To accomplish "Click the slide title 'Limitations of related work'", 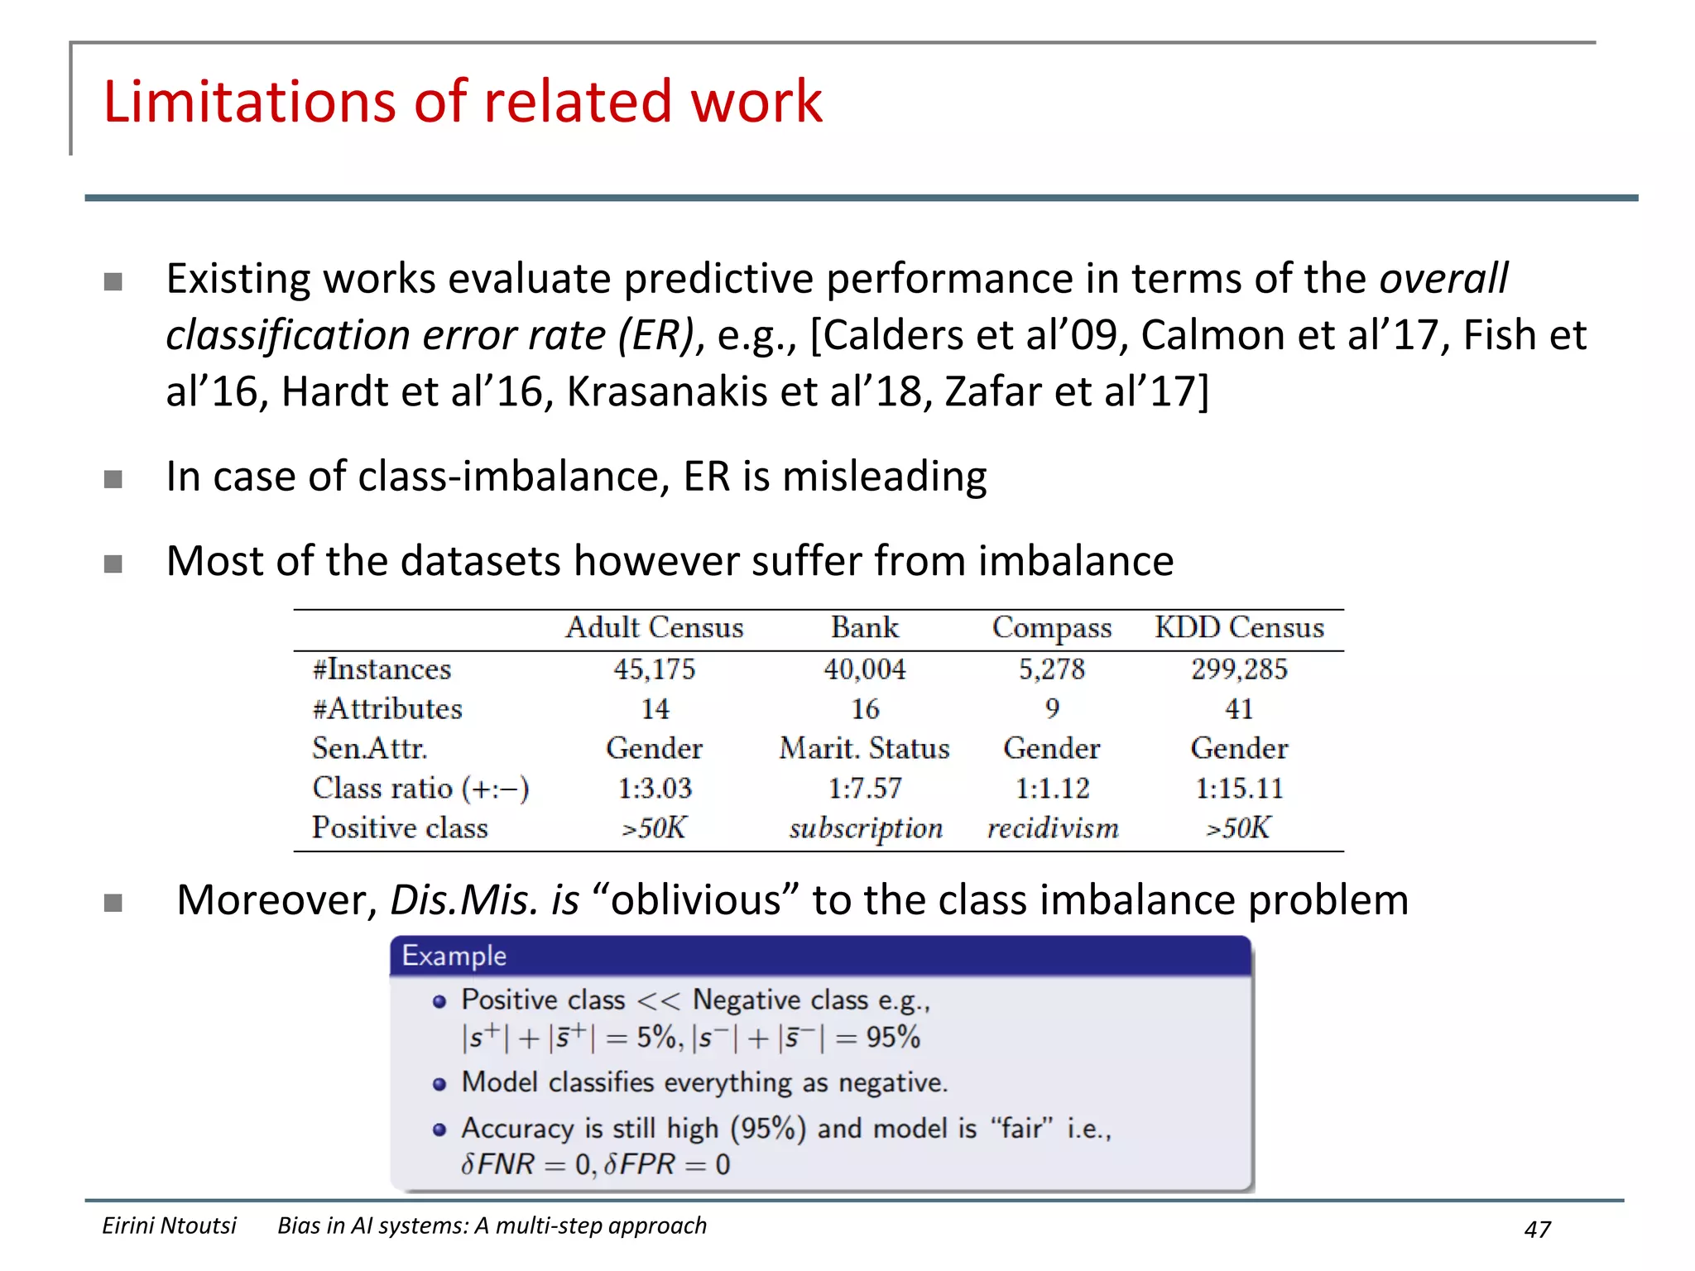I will (462, 102).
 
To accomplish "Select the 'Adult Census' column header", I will (654, 627).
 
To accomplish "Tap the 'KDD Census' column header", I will (1239, 627).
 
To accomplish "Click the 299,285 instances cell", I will (1239, 669).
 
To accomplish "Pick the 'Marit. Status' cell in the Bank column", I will (864, 748).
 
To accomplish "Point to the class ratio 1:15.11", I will (1239, 788).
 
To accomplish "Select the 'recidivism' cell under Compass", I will (1053, 827).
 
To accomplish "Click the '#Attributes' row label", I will (387, 708).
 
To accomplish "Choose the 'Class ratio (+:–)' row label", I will (420, 788).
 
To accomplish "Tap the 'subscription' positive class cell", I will (866, 828).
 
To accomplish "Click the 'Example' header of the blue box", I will (454, 956).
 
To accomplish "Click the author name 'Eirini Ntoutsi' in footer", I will (169, 1225).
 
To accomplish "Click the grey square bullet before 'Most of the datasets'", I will (113, 564).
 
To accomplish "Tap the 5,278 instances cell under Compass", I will (1051, 669).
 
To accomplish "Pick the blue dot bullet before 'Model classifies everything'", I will (439, 1084).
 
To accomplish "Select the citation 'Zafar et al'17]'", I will (1076, 391).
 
